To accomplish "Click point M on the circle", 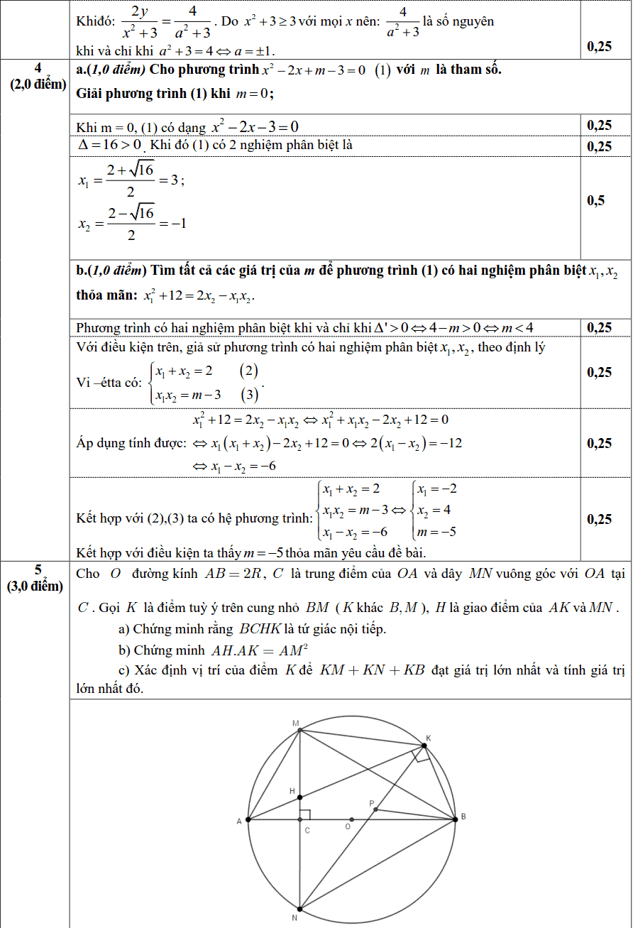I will [x=299, y=730].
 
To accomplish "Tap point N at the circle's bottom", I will [x=299, y=908].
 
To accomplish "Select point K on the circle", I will [x=424, y=745].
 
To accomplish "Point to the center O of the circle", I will [x=352, y=819].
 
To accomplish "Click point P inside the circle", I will [x=375, y=809].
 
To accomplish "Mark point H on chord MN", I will [x=299, y=797].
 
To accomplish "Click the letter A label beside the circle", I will [x=239, y=821].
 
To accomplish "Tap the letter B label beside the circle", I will [x=463, y=817].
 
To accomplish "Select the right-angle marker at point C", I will [x=304, y=814].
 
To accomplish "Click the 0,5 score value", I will [x=596, y=201].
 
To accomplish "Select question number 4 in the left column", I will [x=38, y=67].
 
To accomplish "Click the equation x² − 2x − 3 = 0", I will [x=255, y=127].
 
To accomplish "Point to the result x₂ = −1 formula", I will [x=132, y=223].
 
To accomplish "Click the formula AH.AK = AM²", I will [x=263, y=650].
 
